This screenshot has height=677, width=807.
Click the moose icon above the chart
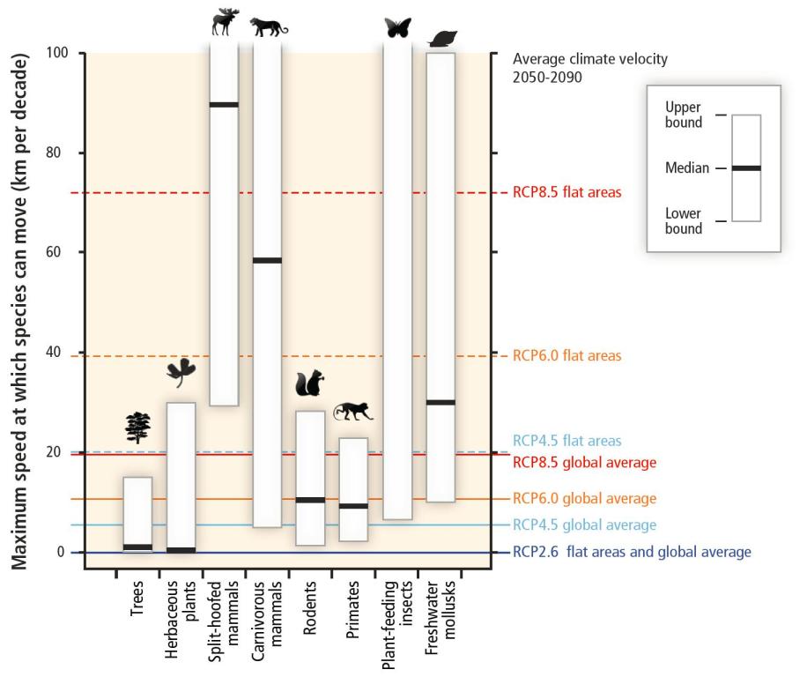tap(226, 22)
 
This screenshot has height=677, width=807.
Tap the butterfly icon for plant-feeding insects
tap(398, 28)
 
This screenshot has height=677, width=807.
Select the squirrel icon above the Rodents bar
tap(310, 383)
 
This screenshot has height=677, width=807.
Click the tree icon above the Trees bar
tap(138, 428)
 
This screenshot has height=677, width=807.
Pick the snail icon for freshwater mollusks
tap(442, 39)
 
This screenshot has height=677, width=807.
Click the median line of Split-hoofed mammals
tap(225, 105)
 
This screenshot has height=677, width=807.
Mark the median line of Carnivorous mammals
tap(268, 261)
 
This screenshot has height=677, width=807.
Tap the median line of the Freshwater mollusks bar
tap(441, 403)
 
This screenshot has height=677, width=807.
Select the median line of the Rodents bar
tap(310, 500)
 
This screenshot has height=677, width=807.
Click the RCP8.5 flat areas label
tap(567, 192)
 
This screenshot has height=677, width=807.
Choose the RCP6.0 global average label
tap(585, 498)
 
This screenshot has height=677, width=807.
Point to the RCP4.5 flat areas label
tap(567, 441)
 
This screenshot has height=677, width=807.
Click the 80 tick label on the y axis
tap(53, 153)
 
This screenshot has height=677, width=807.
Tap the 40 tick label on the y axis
tap(53, 352)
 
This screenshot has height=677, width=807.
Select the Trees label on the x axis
tap(137, 599)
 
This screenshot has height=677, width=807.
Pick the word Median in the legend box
tap(687, 167)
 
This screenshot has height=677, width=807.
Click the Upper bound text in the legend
tap(684, 115)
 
